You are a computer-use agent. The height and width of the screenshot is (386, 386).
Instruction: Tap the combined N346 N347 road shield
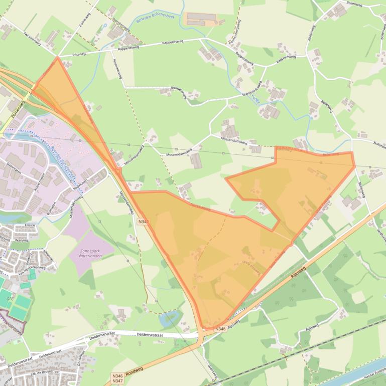[x=117, y=378]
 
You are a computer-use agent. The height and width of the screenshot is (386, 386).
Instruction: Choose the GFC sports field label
[x=9, y=299]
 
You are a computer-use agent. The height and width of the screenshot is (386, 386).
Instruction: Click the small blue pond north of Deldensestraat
[x=169, y=317]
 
